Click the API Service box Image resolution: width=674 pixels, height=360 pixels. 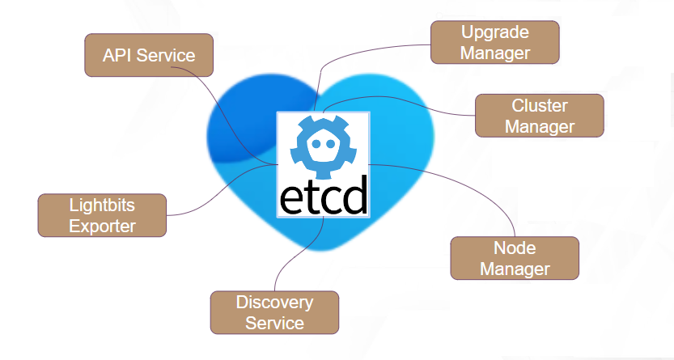(x=149, y=55)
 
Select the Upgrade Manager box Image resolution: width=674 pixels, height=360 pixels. (x=495, y=43)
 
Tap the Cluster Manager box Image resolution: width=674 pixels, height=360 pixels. (x=539, y=116)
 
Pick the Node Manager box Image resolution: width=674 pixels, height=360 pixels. (x=515, y=258)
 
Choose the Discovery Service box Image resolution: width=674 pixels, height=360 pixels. (x=274, y=312)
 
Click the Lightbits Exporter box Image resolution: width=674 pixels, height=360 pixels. (x=102, y=215)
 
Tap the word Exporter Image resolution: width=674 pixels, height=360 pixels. (x=102, y=226)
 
